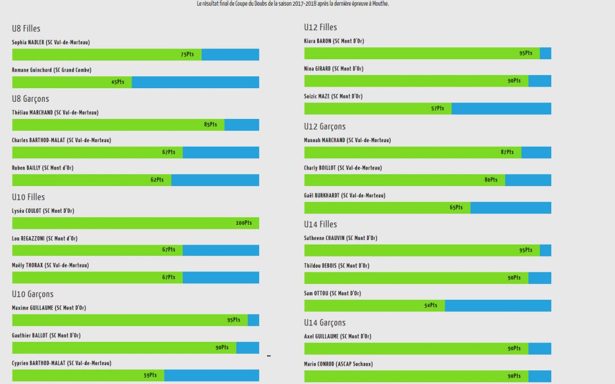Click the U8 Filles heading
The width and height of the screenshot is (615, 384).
[26, 28]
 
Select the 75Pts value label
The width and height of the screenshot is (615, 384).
[187, 55]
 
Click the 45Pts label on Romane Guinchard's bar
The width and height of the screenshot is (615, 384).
[118, 82]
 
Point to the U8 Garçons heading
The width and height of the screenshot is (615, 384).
[31, 99]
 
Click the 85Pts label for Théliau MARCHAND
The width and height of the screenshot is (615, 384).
[210, 125]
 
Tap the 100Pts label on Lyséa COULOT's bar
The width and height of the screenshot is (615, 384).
[244, 223]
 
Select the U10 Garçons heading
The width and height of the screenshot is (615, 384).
[33, 294]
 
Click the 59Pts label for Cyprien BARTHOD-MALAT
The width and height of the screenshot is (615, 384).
[150, 375]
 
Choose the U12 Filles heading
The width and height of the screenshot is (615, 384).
[321, 27]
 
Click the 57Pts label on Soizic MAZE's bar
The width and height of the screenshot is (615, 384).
[437, 109]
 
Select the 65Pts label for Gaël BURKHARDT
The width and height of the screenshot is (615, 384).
[456, 208]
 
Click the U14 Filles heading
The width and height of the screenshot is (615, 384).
[321, 224]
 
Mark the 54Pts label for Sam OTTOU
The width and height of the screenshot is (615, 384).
[430, 305]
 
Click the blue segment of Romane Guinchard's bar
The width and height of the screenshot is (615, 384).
[195, 82]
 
